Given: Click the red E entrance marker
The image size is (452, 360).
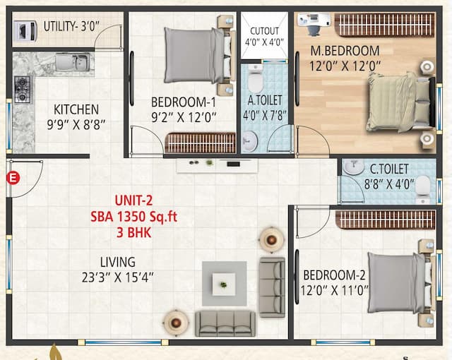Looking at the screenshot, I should point(11,177).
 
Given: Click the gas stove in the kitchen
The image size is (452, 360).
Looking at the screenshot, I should point(22,89).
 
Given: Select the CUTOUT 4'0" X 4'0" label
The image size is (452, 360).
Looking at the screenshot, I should point(265,37).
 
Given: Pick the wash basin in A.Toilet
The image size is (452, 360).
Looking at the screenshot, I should point(248,143).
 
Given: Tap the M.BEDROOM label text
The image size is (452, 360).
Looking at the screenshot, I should point(344,51).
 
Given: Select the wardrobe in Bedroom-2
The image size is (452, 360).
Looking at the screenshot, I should point(386,219).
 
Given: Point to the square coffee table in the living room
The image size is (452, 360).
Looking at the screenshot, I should point(224,284).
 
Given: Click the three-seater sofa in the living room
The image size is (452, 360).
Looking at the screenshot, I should point(225,323).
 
